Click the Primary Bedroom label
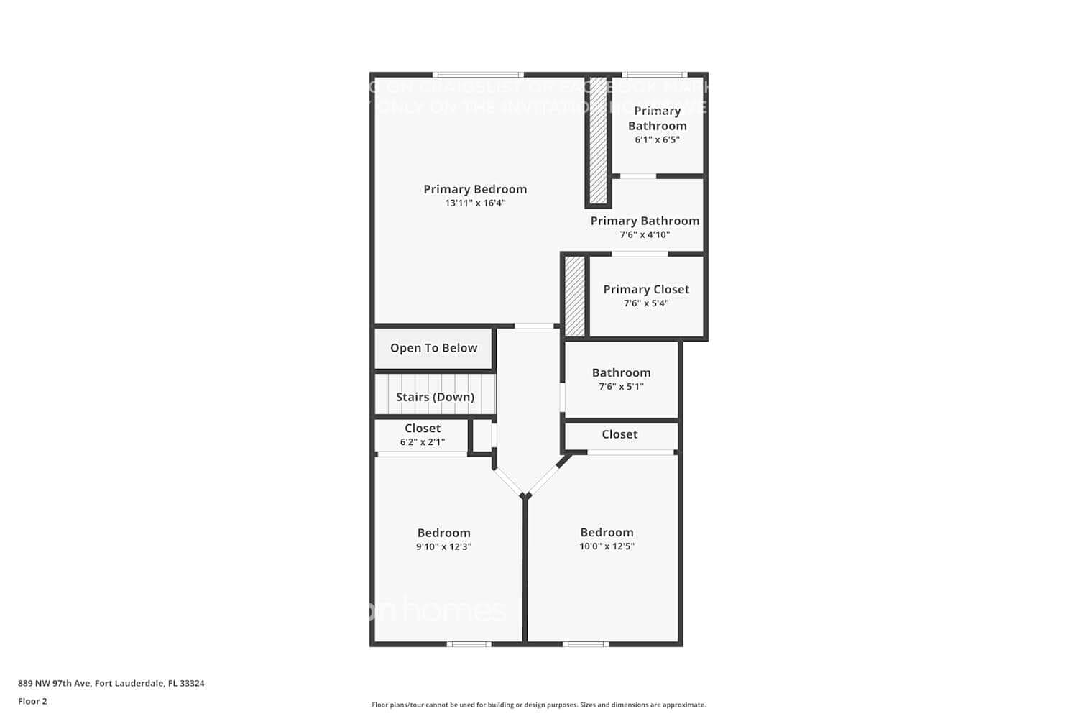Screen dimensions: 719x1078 tap(475, 189)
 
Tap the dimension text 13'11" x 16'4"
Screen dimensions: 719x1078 tap(475, 203)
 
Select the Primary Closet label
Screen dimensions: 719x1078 tap(646, 289)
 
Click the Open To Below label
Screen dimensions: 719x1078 tap(433, 348)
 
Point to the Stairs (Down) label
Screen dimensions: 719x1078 tap(435, 397)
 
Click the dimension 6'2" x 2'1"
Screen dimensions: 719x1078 tap(422, 442)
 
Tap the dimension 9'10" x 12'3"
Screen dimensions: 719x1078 tap(443, 546)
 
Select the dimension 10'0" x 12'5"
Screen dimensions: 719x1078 tap(607, 546)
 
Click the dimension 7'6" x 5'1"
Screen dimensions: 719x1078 tap(621, 387)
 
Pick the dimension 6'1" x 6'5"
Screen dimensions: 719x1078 tap(657, 140)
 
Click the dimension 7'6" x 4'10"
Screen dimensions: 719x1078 tap(645, 234)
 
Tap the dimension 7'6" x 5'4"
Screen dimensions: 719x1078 tap(646, 303)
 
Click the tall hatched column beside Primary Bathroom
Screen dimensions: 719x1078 tap(598, 140)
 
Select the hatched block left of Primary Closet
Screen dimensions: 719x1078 tap(574, 296)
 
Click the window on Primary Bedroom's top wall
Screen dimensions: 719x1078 tap(478, 75)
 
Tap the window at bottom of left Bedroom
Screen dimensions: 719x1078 tap(469, 644)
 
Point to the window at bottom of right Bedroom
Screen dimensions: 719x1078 tap(585, 644)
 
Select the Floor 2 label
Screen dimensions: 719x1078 tap(32, 701)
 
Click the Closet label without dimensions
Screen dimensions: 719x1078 tap(619, 434)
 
